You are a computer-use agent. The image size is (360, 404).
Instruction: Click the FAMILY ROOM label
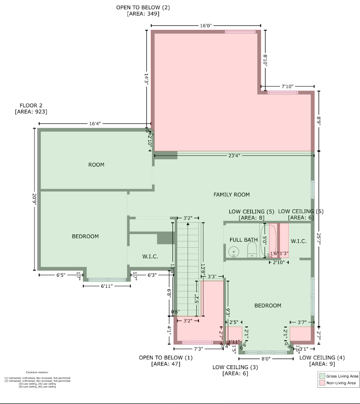[232, 195]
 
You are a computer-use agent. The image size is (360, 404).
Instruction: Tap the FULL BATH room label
[243, 240]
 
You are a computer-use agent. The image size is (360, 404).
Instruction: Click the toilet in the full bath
[252, 250]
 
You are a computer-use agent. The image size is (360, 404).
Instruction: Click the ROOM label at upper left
[96, 165]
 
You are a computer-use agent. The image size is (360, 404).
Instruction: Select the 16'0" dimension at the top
[205, 25]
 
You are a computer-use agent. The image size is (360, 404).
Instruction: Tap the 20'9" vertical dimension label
[34, 199]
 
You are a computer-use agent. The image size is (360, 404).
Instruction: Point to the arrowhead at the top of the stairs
[188, 224]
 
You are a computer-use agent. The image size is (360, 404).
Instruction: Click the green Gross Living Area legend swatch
[322, 376]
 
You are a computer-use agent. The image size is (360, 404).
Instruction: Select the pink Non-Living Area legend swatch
[322, 383]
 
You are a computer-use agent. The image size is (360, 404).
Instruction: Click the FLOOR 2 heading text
[31, 105]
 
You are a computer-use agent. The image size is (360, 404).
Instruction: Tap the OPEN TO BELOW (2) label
[143, 7]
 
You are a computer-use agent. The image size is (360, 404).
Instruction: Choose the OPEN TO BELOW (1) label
[166, 357]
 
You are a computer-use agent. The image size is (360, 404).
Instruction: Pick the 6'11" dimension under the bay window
[107, 286]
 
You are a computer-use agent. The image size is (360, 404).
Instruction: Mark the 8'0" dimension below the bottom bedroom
[265, 358]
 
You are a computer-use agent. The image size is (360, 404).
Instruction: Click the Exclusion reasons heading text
[37, 373]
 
